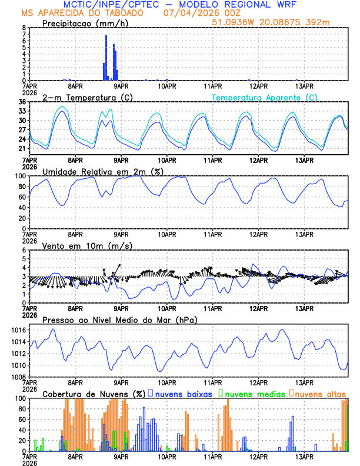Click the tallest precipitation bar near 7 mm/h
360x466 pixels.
(x=106, y=58)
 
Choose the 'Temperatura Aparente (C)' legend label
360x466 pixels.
(x=264, y=97)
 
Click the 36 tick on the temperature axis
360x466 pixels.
(x=21, y=102)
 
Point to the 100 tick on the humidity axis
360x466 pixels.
(x=19, y=176)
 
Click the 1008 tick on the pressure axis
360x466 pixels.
(x=17, y=377)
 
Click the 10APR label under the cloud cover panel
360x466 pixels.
(x=167, y=455)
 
